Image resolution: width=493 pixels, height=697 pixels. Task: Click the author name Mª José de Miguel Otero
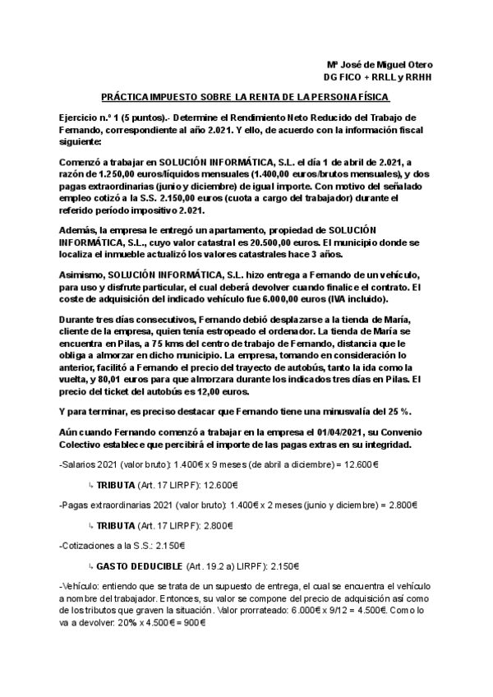click(380, 65)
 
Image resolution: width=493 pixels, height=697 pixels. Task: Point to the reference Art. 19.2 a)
click(209, 565)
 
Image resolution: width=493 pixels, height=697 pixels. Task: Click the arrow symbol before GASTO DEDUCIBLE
click(90, 565)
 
